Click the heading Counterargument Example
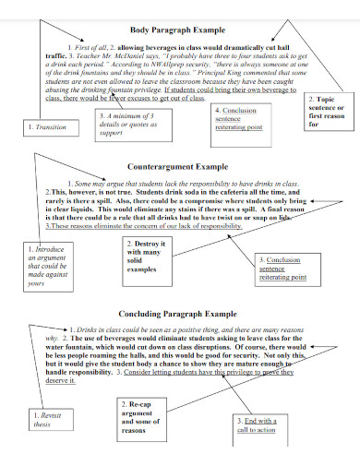[177, 167]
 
